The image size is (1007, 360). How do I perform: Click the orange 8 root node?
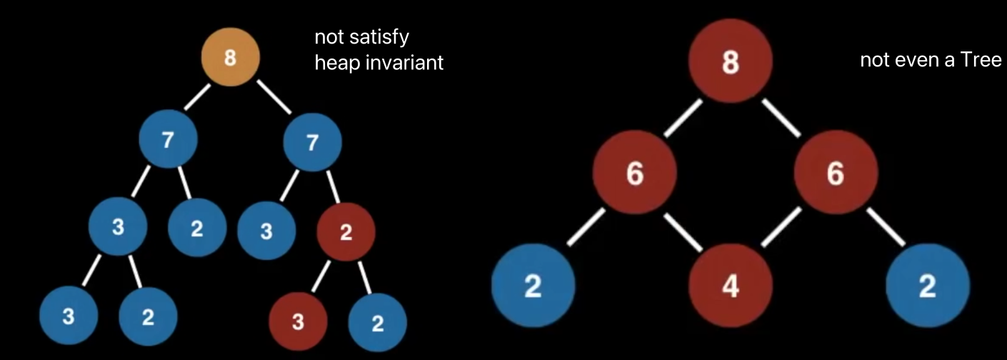pyautogui.click(x=230, y=59)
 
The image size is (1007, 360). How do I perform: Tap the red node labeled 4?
pyautogui.click(x=730, y=286)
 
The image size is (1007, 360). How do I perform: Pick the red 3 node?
pyautogui.click(x=298, y=322)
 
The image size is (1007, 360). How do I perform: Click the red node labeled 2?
pyautogui.click(x=346, y=232)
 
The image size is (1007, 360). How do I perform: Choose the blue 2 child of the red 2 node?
pyautogui.click(x=378, y=323)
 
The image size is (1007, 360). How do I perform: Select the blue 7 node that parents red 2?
pyautogui.click(x=311, y=143)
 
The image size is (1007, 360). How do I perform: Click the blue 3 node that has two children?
pyautogui.click(x=117, y=229)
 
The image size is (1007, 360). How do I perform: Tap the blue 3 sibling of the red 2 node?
pyautogui.click(x=266, y=232)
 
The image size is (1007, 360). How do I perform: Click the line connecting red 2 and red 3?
pyautogui.click(x=322, y=276)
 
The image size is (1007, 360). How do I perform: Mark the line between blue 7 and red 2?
pyautogui.click(x=333, y=187)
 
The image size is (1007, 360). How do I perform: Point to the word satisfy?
pyautogui.click(x=385, y=37)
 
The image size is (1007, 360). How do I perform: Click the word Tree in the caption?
pyautogui.click(x=984, y=60)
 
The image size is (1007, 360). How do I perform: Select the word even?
pyautogui.click(x=913, y=60)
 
